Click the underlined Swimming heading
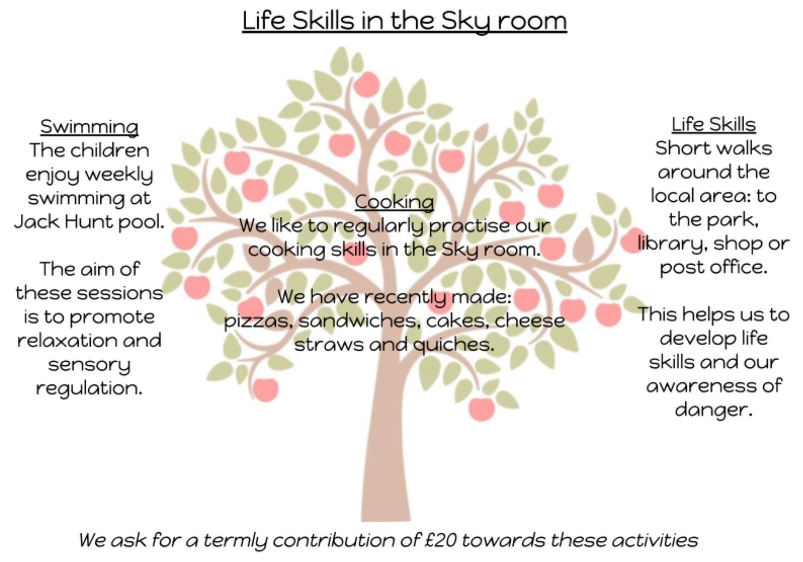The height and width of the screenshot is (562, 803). [x=89, y=127]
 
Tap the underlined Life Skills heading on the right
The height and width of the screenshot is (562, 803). [x=713, y=124]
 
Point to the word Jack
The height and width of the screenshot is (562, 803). [x=36, y=222]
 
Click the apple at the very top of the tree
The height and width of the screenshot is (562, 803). [x=366, y=84]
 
